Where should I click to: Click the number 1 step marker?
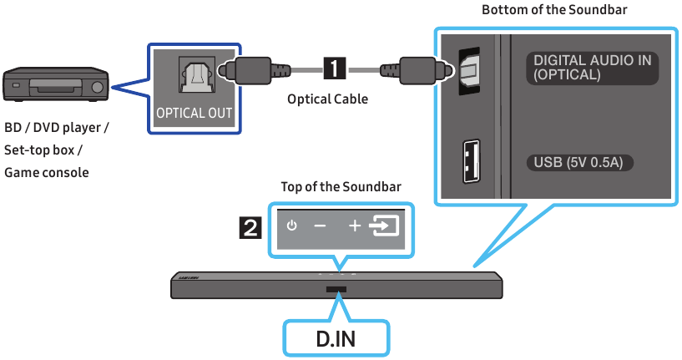pos(335,68)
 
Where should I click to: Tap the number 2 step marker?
pos(250,228)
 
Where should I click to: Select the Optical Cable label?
pos(327,99)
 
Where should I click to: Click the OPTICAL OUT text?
pos(194,114)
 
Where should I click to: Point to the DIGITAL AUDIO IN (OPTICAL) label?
pos(593,68)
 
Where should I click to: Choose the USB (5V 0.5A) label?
pos(578,162)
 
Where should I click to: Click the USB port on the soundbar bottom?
pos(472,160)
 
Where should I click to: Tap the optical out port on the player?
pos(197,74)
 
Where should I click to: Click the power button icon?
pos(291,226)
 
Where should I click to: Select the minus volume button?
pos(320,226)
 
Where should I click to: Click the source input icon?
pos(384,226)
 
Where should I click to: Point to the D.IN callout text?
pos(336,339)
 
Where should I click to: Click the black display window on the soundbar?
pos(336,290)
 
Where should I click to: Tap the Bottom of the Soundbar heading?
pos(554,9)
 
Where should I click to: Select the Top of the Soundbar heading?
pos(341,187)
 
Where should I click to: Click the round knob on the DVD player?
pos(98,88)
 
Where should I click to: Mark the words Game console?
pos(47,173)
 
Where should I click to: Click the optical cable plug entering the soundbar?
pos(417,68)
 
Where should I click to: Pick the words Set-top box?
pos(39,150)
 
